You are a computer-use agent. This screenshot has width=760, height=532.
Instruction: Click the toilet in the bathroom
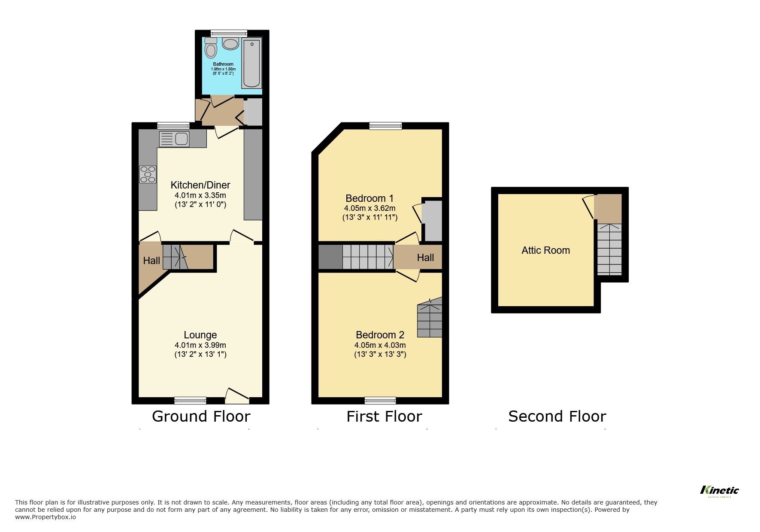[211, 49]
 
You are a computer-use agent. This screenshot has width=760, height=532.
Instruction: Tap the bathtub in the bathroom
[251, 63]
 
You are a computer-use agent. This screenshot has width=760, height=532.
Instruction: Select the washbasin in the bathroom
[230, 43]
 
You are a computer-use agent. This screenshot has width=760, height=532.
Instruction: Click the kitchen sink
[174, 138]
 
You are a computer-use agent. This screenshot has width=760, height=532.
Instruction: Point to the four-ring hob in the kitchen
[148, 174]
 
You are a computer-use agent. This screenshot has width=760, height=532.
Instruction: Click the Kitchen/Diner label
[200, 185]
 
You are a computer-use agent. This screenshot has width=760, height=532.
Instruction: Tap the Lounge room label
[200, 335]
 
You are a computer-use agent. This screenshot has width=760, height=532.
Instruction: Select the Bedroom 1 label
[369, 198]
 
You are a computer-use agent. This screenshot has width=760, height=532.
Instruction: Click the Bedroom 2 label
[380, 335]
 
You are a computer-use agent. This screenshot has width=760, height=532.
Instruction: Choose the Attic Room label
[545, 250]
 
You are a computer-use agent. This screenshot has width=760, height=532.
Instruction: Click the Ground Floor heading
[201, 416]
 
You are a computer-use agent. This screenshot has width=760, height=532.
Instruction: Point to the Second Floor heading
[557, 416]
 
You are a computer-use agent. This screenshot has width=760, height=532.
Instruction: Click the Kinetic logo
[719, 491]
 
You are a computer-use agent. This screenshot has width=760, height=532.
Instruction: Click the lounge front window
[190, 401]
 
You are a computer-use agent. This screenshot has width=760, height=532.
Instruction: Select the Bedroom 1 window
[385, 125]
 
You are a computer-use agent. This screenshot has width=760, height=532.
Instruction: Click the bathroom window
[229, 33]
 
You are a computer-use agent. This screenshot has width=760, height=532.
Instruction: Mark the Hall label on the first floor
[425, 258]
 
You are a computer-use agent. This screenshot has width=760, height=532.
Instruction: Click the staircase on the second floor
[609, 249]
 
